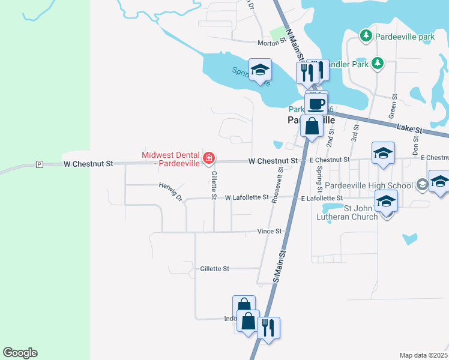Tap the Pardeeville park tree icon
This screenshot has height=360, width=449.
(x=366, y=36)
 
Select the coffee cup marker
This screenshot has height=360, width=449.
(x=317, y=104)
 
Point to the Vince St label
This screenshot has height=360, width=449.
(x=270, y=231)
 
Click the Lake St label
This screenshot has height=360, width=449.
(x=411, y=128)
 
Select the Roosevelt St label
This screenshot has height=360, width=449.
(x=278, y=186)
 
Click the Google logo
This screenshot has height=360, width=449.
(x=20, y=353)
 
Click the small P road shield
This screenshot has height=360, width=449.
(x=40, y=164)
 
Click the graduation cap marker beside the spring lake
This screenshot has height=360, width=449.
(x=260, y=71)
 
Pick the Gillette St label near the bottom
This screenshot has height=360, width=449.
(x=215, y=269)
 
